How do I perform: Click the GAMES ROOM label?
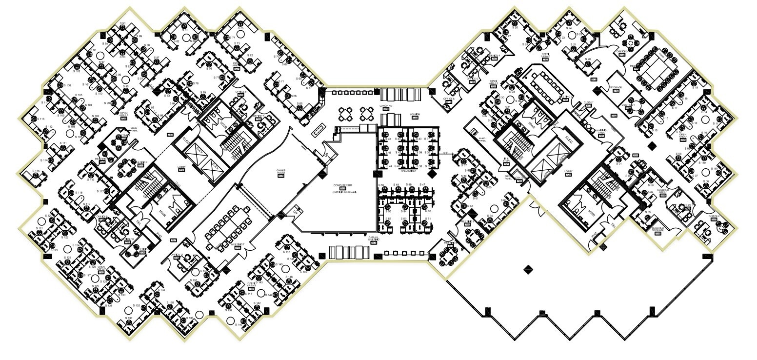[x=281, y=172]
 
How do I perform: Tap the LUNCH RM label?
[x=385, y=105]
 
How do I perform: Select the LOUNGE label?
[x=415, y=115]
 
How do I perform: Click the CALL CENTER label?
[x=409, y=171]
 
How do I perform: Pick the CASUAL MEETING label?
[x=374, y=239]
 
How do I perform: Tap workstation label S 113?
[x=41, y=119]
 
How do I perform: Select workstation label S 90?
[x=122, y=23]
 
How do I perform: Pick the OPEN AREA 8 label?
[x=123, y=114]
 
